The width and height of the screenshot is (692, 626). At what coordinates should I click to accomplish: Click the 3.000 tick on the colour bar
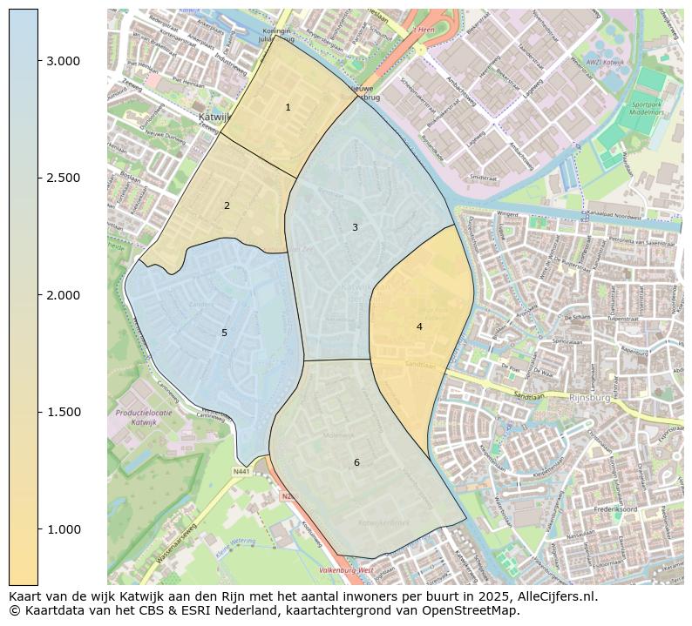(x=38, y=61)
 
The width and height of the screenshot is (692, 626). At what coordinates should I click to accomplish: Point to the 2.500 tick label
(x=63, y=178)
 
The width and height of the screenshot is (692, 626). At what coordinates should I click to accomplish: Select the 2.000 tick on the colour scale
(x=38, y=295)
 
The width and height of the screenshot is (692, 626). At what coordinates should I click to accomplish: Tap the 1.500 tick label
(x=63, y=413)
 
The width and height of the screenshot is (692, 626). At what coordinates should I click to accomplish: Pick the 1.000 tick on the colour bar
(x=38, y=529)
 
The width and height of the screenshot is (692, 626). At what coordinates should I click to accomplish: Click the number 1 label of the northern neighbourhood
(x=288, y=107)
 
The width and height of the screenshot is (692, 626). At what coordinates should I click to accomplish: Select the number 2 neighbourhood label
(x=227, y=205)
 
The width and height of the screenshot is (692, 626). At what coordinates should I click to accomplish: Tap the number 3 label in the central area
(x=355, y=227)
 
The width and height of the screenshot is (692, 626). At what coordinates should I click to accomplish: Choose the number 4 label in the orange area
(x=419, y=326)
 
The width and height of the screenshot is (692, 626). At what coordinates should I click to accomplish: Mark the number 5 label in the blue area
(x=224, y=333)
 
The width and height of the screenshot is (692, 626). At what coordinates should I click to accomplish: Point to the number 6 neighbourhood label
(x=356, y=462)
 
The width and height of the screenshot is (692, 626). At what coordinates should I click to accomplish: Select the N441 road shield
(x=241, y=471)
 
